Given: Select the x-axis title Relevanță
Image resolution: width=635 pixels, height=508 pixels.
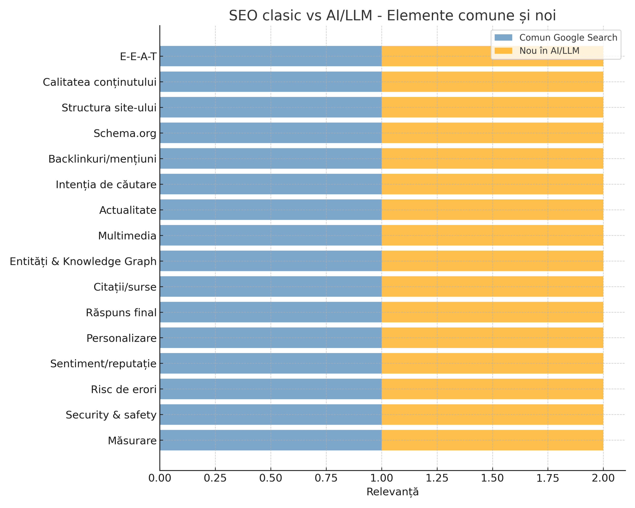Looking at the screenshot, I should coord(392,492).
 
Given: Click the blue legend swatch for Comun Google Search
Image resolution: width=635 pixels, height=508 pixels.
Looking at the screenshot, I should coord(503,38).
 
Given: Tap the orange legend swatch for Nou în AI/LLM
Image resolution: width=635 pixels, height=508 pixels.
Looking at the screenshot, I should coord(503,51).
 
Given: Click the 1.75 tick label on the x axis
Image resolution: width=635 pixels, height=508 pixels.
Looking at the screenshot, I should coord(548,478).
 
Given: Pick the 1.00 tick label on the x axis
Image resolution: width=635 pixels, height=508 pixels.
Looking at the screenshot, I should coord(382,478).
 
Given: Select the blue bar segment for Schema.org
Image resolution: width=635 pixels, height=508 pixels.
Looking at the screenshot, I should coord(271,133).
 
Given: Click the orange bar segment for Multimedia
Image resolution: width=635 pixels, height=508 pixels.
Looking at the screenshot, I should coord(492,235).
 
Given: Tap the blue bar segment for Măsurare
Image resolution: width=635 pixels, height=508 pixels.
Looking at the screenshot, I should coord(271,440).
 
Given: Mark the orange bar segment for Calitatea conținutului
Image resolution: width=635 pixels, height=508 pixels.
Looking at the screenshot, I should coord(492,82).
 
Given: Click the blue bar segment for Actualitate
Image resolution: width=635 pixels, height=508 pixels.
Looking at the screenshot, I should coord(271,210).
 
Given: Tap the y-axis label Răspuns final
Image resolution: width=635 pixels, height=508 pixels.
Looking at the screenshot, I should coord(121,312).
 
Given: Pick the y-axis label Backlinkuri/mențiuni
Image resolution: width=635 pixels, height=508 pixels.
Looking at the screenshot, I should coord(102,159).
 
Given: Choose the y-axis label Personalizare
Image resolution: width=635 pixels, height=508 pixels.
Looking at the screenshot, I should coord(121,338).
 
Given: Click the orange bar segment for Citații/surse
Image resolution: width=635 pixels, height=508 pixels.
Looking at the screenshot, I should coord(492,287).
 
